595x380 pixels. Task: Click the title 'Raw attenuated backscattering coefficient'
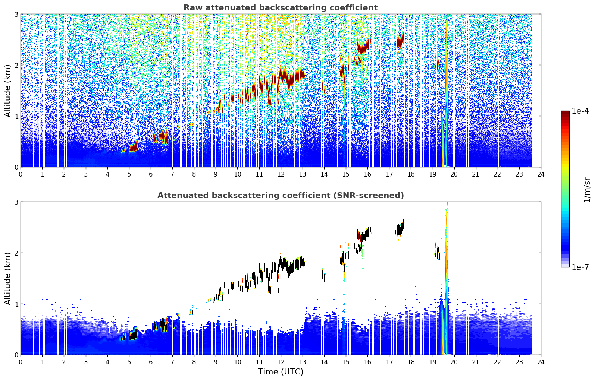[281, 8]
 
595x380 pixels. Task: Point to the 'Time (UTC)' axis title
[281, 371]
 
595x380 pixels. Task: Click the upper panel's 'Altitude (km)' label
[7, 91]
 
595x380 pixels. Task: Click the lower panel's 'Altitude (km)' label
[7, 278]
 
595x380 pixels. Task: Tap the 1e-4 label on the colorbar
[580, 111]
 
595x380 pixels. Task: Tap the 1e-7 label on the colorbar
[580, 267]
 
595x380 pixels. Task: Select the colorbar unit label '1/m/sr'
[586, 190]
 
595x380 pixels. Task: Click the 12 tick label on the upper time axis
[281, 174]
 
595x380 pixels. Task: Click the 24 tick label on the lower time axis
[541, 362]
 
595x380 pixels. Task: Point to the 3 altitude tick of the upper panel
[16, 14]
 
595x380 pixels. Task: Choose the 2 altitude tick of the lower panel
[16, 253]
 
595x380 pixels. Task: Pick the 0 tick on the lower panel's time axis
[21, 362]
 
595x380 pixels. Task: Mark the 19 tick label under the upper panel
[432, 174]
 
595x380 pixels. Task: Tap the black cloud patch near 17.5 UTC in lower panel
[400, 229]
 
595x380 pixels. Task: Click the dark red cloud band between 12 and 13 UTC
[292, 77]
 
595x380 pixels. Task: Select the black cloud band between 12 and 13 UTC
[292, 264]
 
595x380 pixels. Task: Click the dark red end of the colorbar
[565, 113]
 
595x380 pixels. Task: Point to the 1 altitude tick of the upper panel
[16, 116]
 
